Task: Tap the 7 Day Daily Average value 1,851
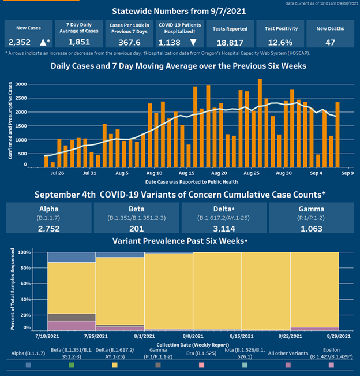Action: pos(78,42)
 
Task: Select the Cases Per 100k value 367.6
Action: pos(130,42)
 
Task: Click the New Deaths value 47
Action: pos(330,42)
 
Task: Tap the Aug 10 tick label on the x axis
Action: pos(154,173)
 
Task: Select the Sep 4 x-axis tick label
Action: pos(316,173)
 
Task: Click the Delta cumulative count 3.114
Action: pos(223,228)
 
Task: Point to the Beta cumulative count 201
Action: pos(136,228)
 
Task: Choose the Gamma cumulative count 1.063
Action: pos(312,228)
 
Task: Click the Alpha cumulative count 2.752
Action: pos(48,228)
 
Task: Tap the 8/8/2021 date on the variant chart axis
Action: pos(193,336)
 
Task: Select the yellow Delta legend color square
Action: pos(115,365)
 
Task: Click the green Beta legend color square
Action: pos(72,365)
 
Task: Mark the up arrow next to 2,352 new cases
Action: pos(44,42)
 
